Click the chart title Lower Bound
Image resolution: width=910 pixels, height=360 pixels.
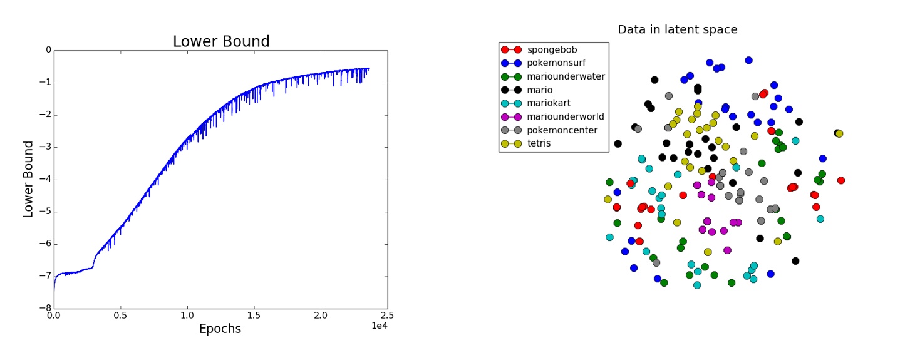pyautogui.click(x=221, y=42)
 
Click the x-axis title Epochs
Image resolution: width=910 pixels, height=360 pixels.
pyautogui.click(x=220, y=329)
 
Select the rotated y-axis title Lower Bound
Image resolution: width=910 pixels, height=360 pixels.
pyautogui.click(x=29, y=179)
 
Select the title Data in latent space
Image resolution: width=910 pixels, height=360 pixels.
pyautogui.click(x=677, y=29)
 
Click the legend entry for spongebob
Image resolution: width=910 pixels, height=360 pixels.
pyautogui.click(x=552, y=49)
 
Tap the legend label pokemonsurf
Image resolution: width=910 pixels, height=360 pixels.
pyautogui.click(x=556, y=63)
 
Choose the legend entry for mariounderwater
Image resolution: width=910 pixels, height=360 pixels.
pyautogui.click(x=566, y=76)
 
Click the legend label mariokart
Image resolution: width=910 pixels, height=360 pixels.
pyautogui.click(x=549, y=103)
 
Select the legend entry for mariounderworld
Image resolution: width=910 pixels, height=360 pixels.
pyautogui.click(x=566, y=116)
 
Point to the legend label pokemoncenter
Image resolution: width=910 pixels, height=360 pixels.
pyautogui.click(x=562, y=130)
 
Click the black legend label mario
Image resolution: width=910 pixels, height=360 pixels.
pyautogui.click(x=540, y=90)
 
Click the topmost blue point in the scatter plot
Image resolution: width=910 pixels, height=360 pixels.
pyautogui.click(x=748, y=60)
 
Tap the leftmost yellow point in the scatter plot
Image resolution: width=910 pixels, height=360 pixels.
pyautogui.click(x=608, y=200)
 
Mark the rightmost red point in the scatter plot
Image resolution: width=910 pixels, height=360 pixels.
pyautogui.click(x=841, y=180)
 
